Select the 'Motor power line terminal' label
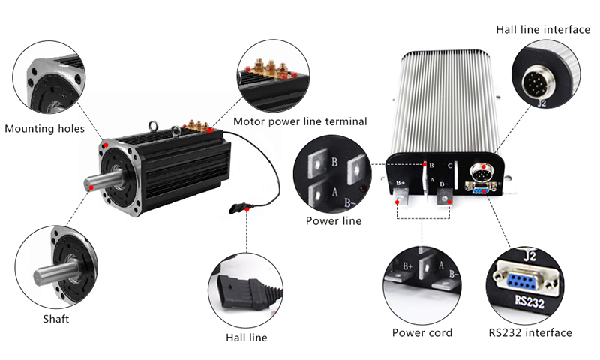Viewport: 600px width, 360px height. click(300, 121)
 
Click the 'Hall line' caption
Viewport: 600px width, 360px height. click(247, 337)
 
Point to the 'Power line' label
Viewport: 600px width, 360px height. click(334, 221)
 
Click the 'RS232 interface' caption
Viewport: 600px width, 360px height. click(530, 332)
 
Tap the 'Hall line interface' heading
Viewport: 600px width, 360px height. click(541, 29)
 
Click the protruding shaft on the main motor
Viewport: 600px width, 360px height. click(97, 183)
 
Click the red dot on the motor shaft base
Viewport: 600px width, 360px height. click(91, 189)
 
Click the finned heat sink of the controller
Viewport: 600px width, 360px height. click(450, 97)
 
